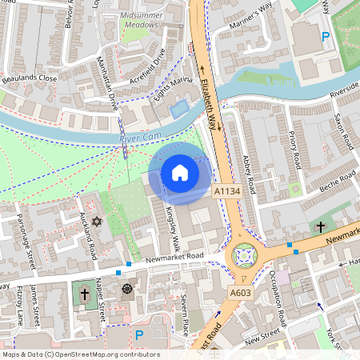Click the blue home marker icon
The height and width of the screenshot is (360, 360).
[180, 172]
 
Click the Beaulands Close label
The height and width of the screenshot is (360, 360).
[29, 78]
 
